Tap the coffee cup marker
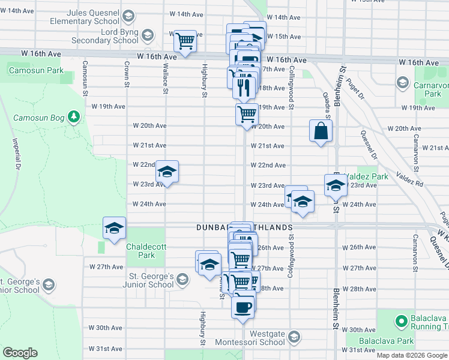[x=243, y=307]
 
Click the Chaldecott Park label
[x=140, y=251]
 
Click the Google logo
[x=20, y=353]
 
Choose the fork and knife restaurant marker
[x=244, y=87]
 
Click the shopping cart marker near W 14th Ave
[x=185, y=42]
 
